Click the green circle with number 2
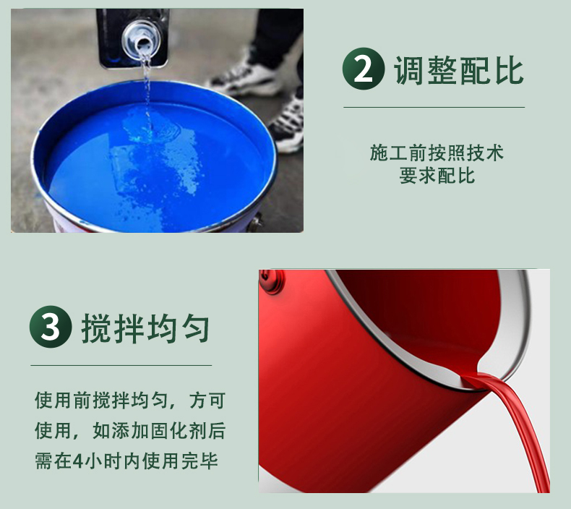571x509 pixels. (364, 69)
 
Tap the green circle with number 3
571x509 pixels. (51, 327)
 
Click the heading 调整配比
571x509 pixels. (459, 70)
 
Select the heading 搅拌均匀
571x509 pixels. (146, 328)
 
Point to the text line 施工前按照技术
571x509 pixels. (437, 153)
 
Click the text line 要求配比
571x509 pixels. (437, 176)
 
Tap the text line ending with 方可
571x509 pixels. (130, 401)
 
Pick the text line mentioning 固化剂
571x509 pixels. (130, 431)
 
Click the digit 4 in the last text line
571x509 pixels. (78, 461)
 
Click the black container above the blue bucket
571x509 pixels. (132, 38)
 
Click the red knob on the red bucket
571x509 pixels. (271, 281)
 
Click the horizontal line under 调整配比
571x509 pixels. (434, 108)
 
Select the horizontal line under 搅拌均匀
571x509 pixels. (121, 365)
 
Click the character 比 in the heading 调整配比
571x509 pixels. (509, 70)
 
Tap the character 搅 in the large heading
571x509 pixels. (96, 328)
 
